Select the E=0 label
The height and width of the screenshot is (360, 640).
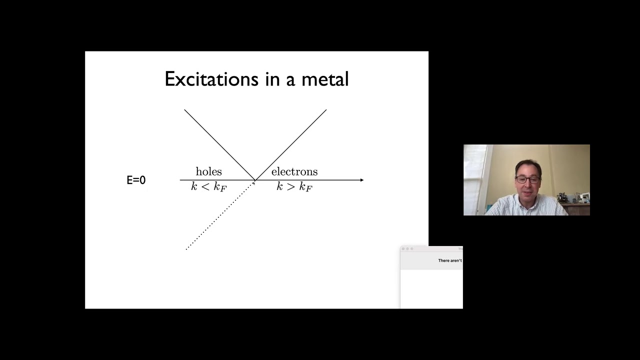pos(136,180)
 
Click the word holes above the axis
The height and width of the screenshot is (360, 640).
pos(208,171)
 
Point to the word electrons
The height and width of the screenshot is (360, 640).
pos(294,171)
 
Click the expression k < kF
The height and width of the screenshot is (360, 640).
pos(208,187)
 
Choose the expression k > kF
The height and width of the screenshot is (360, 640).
pos(294,187)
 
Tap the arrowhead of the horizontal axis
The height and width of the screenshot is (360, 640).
pos(361,180)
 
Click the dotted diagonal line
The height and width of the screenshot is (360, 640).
pos(220,215)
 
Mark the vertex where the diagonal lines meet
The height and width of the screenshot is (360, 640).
pos(255,180)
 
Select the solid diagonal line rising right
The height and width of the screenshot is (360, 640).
pos(291,144)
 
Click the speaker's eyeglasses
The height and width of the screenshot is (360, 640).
pos(527,180)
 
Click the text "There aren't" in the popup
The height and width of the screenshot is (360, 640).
pos(449,260)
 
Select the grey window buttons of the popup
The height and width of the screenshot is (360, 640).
pos(407,248)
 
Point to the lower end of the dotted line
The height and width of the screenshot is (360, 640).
pos(187,248)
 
